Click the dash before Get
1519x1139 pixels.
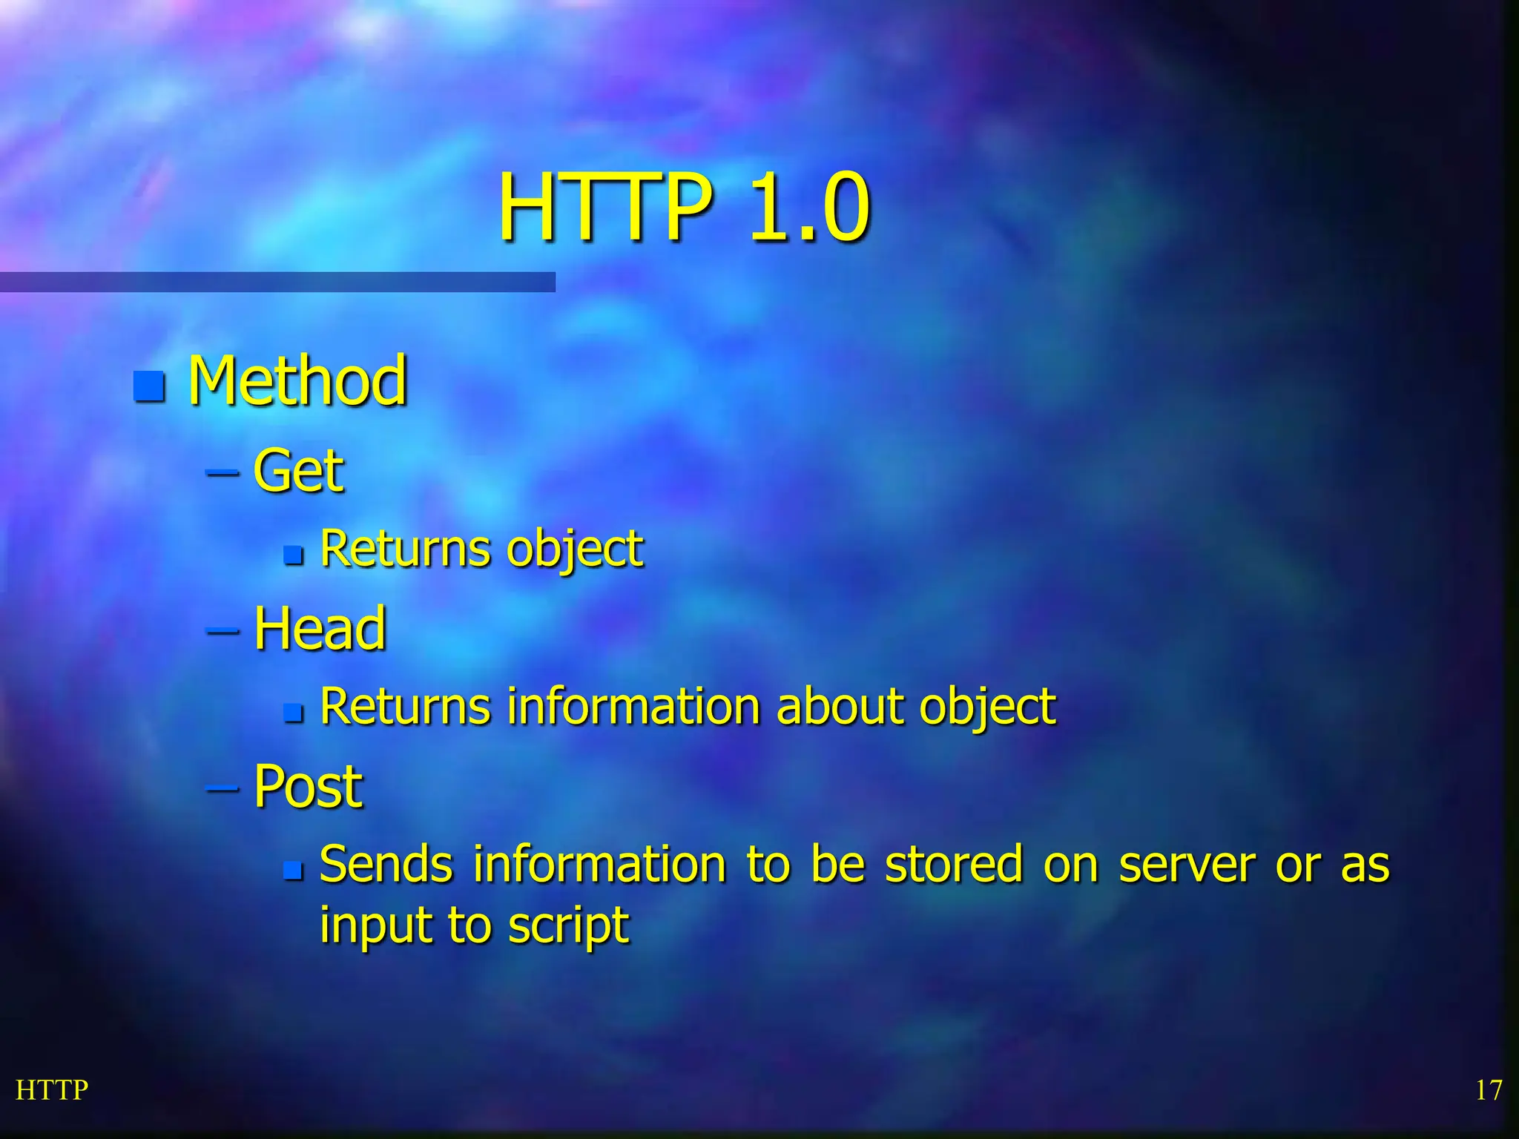click(x=222, y=472)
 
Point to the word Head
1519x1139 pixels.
click(x=320, y=628)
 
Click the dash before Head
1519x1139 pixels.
click(x=222, y=630)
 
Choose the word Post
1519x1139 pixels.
click(x=308, y=786)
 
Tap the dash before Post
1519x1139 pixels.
click(x=222, y=788)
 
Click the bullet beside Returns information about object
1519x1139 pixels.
click(x=294, y=713)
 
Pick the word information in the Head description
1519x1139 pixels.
click(x=633, y=706)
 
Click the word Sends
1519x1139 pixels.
click(x=386, y=865)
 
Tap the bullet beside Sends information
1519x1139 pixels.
click(x=294, y=870)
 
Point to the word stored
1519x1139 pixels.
click(x=954, y=865)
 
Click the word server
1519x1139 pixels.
click(x=1187, y=866)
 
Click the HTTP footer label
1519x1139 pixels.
click(x=52, y=1090)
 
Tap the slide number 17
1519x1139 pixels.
click(x=1488, y=1090)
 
